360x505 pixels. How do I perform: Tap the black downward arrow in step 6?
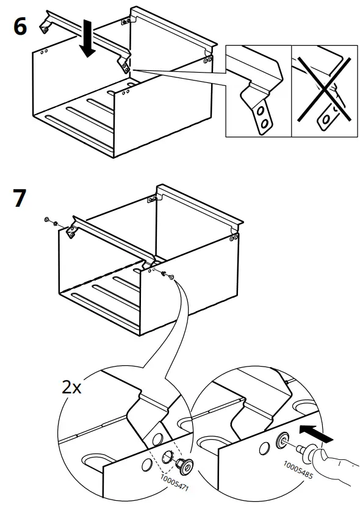point(88,39)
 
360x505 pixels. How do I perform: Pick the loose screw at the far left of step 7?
point(48,220)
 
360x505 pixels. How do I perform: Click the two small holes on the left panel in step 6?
point(44,53)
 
